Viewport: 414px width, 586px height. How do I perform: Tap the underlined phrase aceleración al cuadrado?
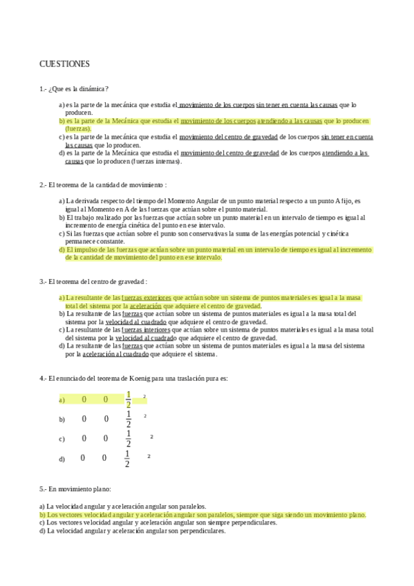coord(115,355)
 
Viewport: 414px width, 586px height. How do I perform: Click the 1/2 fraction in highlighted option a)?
coord(128,399)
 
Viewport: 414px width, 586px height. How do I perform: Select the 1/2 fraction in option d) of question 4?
coord(126,458)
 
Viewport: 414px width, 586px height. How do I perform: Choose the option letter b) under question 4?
coord(62,419)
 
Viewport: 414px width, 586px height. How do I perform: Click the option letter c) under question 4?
coord(62,439)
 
